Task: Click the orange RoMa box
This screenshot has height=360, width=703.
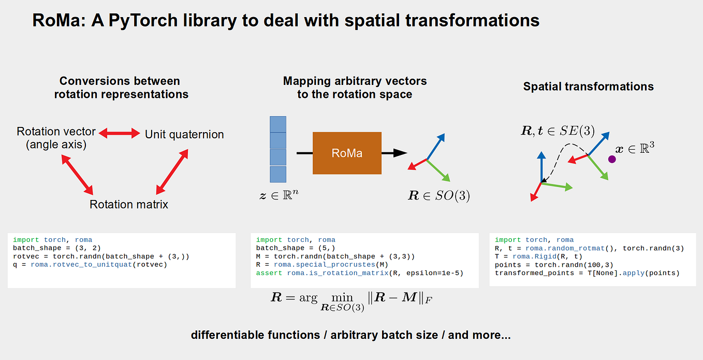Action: (347, 153)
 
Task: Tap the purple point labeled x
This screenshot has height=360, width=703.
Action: (612, 160)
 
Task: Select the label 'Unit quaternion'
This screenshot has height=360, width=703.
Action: (184, 134)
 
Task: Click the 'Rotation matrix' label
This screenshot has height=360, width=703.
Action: (129, 204)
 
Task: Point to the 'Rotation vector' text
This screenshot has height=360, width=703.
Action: (56, 131)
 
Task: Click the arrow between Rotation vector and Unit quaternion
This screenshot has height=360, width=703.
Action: (120, 134)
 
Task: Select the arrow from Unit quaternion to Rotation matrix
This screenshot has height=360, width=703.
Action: (172, 171)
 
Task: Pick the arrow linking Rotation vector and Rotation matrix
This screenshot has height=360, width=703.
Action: (77, 174)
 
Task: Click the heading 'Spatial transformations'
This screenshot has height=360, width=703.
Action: (588, 87)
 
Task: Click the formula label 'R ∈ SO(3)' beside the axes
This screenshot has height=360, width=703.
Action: (439, 196)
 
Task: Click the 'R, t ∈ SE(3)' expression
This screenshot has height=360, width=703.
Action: (558, 131)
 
